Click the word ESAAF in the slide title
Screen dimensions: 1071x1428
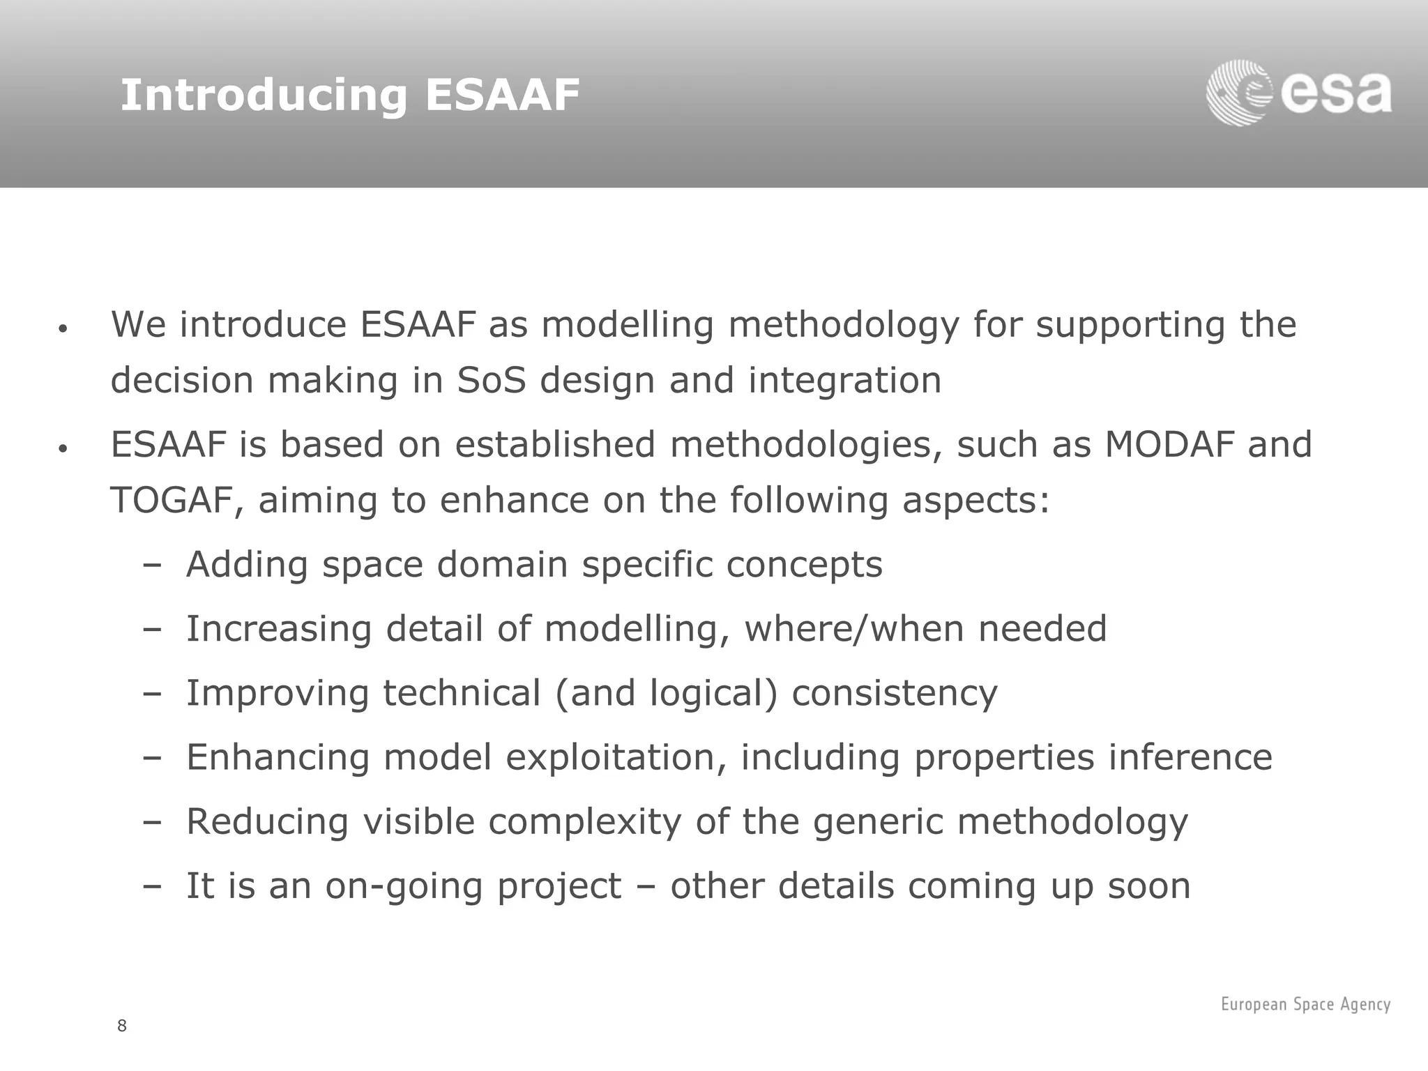[502, 95]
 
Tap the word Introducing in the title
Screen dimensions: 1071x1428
[264, 96]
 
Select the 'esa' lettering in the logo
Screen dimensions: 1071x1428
[1336, 95]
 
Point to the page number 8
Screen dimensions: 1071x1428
[122, 1026]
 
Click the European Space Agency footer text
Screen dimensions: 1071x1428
[1305, 1004]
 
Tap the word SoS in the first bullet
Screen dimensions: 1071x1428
[491, 381]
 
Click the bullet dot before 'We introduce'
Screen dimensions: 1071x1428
[62, 328]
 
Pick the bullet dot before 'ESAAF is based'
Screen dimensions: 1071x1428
[62, 449]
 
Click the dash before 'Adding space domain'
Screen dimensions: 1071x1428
[151, 565]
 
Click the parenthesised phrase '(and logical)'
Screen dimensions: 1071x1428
[666, 694]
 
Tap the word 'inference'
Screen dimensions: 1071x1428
[1190, 757]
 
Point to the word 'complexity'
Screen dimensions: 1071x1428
[584, 822]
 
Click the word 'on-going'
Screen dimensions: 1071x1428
[404, 887]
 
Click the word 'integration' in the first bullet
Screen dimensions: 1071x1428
[844, 381]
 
